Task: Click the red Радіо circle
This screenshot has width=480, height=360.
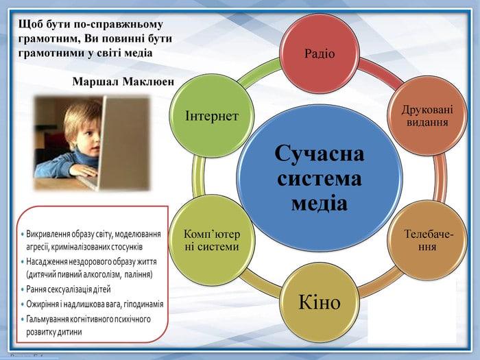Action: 320,53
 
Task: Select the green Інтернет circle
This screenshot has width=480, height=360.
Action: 212,116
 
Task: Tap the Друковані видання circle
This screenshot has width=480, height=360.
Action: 427,116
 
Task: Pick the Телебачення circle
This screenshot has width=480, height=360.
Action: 427,240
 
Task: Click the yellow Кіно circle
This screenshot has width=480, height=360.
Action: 320,302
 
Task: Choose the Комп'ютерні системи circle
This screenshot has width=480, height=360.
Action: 212,240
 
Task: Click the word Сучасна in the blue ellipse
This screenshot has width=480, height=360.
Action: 320,153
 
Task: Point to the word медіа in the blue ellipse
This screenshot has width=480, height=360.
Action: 320,203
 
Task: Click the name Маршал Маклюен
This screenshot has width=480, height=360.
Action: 123,82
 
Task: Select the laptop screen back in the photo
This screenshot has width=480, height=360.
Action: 124,143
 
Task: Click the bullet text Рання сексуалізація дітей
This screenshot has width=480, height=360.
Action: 69,289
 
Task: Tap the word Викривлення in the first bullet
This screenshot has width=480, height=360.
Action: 48,235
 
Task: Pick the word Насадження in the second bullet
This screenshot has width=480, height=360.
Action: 46,262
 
